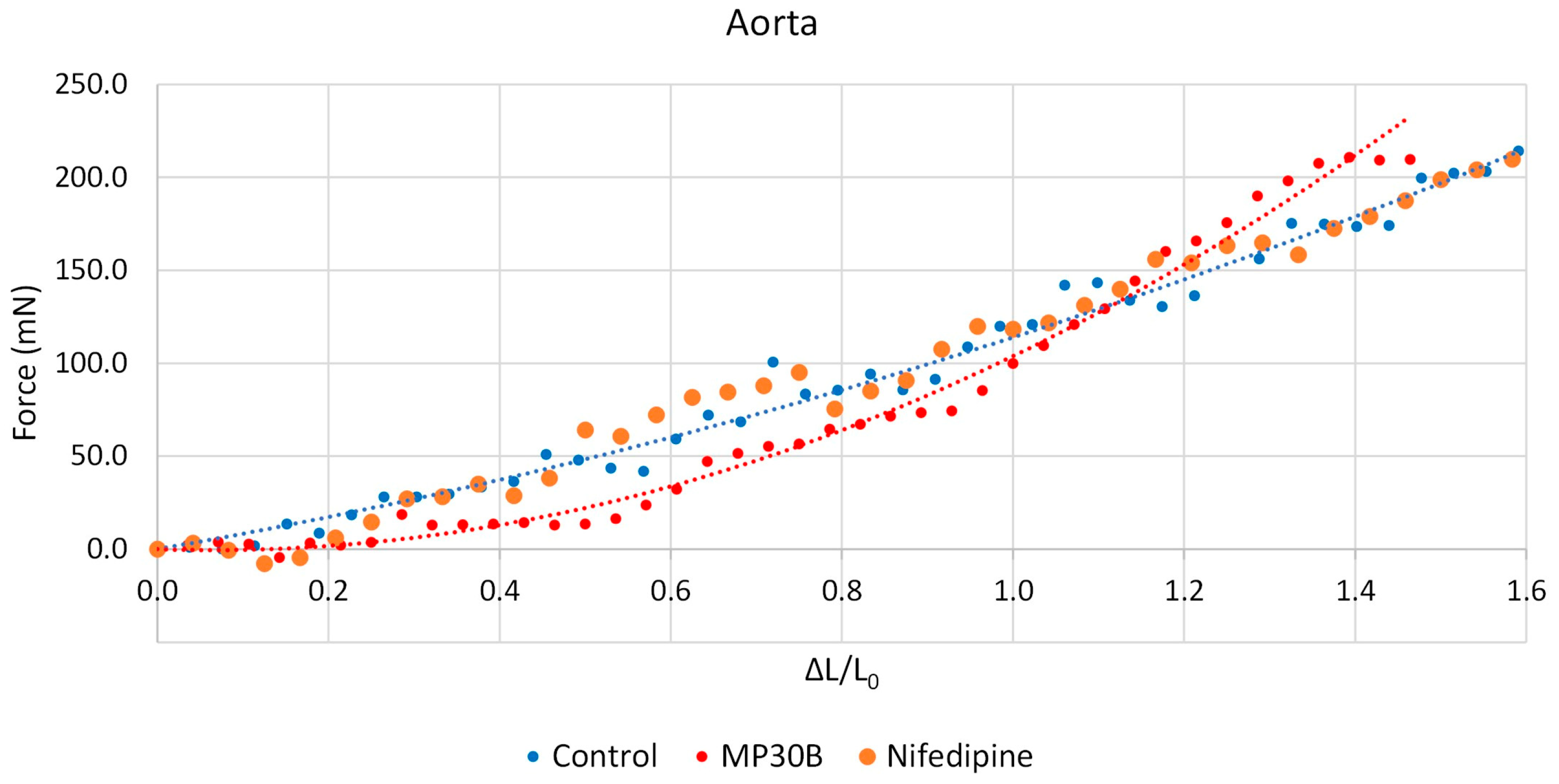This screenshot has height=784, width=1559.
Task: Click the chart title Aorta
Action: [771, 24]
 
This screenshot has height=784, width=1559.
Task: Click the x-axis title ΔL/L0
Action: [841, 672]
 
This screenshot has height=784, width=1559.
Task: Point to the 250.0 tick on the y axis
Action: [91, 84]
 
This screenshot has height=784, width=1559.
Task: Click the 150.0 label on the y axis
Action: [91, 270]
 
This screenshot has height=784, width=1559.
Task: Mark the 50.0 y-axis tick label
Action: [99, 456]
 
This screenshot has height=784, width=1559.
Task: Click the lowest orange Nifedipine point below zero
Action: [264, 564]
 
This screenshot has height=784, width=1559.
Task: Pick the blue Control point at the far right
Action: [1518, 151]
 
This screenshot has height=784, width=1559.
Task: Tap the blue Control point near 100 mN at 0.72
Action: [773, 362]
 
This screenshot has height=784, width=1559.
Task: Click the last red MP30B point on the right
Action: [1410, 160]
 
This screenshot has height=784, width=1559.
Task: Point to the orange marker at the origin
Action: [158, 549]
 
